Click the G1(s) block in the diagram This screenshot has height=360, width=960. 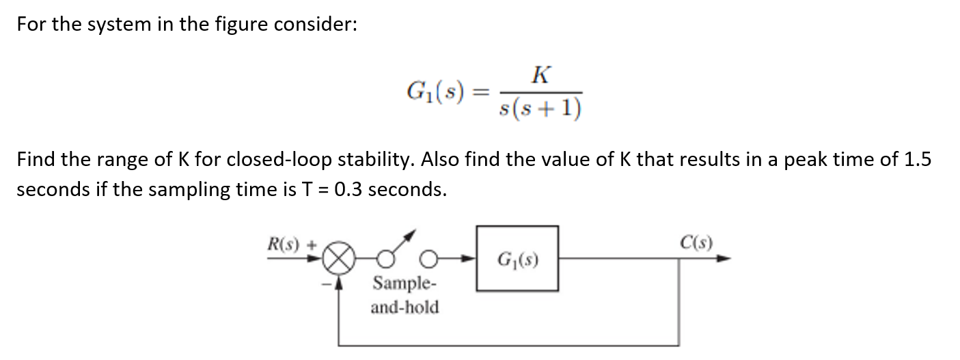(517, 260)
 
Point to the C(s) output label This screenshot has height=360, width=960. (696, 242)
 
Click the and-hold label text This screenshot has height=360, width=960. (404, 307)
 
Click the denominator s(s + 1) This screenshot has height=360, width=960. (541, 107)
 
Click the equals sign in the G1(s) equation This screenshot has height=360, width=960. (482, 92)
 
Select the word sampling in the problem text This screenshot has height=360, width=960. (184, 189)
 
